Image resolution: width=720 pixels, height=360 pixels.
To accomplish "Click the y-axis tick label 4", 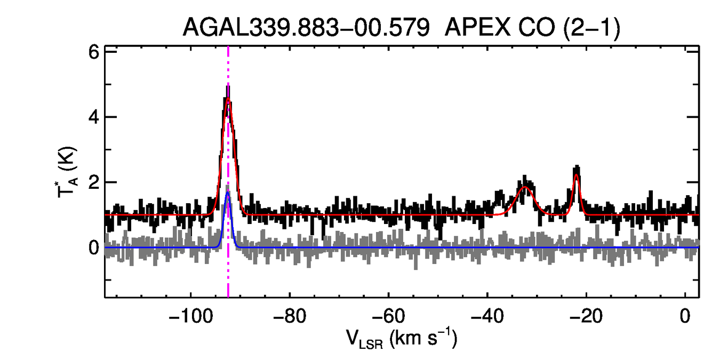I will [x=94, y=117].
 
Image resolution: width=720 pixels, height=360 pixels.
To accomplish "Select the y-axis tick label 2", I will [x=94, y=182].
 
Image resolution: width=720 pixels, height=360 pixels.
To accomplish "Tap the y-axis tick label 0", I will [x=94, y=247].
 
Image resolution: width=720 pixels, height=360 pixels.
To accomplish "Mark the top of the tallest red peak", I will [x=228, y=98].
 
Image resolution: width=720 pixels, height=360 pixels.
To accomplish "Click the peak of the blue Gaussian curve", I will [x=228, y=193].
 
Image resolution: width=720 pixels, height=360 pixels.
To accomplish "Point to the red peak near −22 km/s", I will [x=577, y=174].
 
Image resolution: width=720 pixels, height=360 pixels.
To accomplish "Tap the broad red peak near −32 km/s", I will [x=525, y=187].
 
